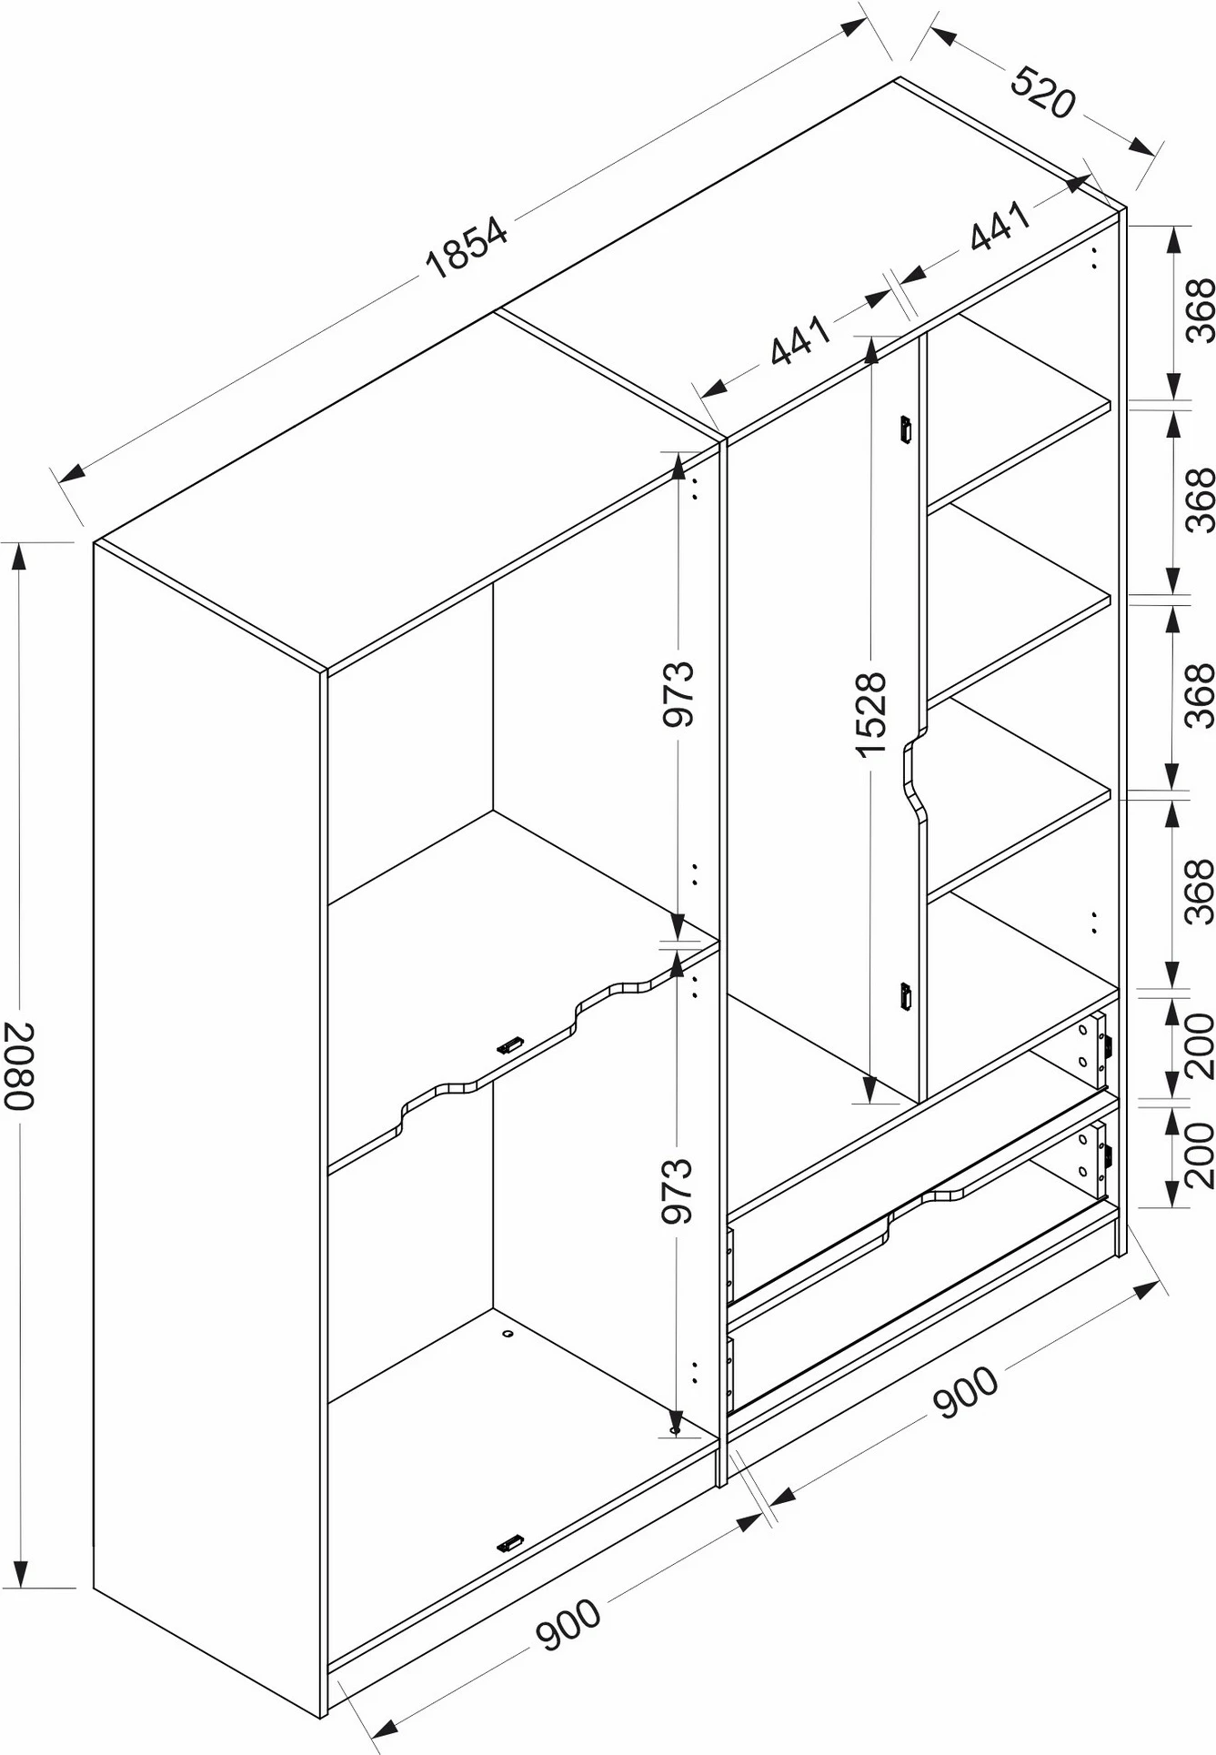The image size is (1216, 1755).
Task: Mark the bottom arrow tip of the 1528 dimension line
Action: click(869, 1102)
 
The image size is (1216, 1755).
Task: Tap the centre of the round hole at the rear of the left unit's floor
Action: click(508, 1334)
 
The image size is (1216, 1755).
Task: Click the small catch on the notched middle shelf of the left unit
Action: click(510, 1046)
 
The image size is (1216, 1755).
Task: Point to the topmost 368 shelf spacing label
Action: click(1201, 311)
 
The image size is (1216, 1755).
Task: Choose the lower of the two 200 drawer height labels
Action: click(1201, 1155)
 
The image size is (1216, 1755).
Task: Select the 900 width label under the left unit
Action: click(568, 1624)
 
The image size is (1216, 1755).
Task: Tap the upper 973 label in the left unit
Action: click(678, 693)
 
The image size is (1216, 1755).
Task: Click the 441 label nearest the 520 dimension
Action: click(1000, 225)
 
